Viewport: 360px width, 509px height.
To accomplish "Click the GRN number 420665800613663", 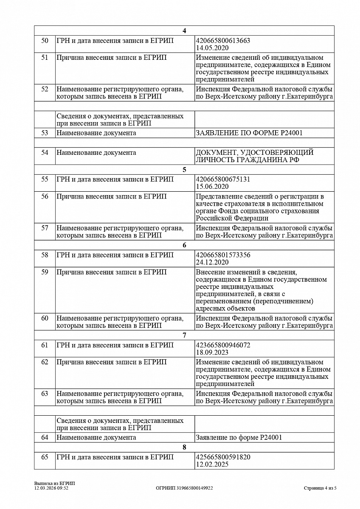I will tap(223, 41).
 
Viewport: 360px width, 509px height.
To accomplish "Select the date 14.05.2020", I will tap(212, 48).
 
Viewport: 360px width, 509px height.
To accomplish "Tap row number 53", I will tap(45, 133).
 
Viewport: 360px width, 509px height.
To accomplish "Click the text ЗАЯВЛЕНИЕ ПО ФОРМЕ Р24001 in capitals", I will tap(249, 133).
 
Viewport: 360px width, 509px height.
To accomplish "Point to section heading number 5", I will tap(184, 170).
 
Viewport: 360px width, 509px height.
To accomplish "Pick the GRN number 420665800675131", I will tap(223, 179).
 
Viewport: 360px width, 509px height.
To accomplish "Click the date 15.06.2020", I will tap(212, 186).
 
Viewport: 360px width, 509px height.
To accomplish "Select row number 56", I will tap(45, 196).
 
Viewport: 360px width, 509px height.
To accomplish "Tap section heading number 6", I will tap(184, 245).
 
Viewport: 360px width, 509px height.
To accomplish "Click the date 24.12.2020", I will tap(212, 262).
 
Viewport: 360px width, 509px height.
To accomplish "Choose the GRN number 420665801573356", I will tap(223, 255).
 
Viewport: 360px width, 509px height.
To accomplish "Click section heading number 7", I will tap(184, 336).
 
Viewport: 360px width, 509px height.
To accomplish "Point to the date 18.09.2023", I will tap(212, 352).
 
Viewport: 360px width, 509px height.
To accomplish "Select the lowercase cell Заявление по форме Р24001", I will tap(239, 437).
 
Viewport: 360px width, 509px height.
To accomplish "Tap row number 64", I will tap(45, 437).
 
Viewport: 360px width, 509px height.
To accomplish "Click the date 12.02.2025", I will tap(212, 465).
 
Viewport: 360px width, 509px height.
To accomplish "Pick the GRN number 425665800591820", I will tap(223, 458).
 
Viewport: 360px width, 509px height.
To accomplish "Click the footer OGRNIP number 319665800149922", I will tap(184, 488).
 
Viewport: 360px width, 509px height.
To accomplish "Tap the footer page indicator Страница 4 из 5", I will tap(320, 488).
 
